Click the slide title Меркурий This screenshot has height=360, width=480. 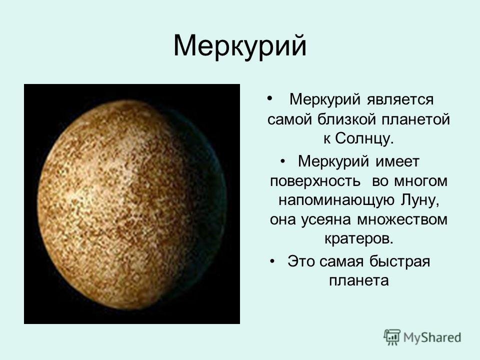[x=240, y=46]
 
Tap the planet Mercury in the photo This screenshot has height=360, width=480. [x=131, y=204]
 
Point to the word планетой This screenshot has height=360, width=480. [x=416, y=119]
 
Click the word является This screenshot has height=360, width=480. [x=400, y=100]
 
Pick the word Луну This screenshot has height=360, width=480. [x=419, y=200]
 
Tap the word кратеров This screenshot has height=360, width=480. [x=359, y=239]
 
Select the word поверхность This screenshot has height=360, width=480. [x=315, y=181]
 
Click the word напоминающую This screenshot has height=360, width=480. [x=336, y=200]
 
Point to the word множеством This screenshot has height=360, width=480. [x=402, y=220]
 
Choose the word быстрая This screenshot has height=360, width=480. [x=400, y=261]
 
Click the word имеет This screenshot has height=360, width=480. [x=397, y=161]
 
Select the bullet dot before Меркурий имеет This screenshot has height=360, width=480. [x=282, y=161]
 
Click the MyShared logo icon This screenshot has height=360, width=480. [x=392, y=337]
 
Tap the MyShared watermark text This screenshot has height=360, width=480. [x=432, y=337]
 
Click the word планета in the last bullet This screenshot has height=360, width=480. [x=359, y=280]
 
